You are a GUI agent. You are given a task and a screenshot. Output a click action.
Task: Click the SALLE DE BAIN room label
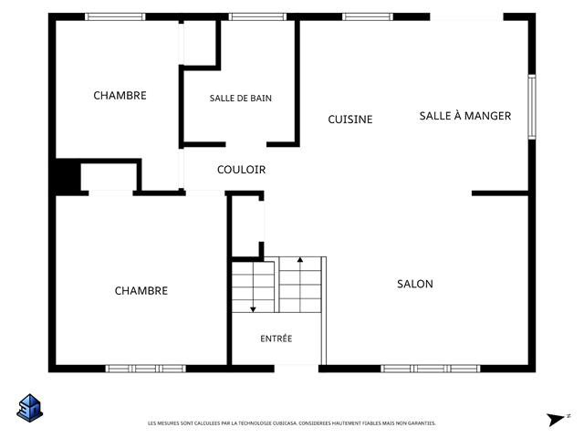click(240, 99)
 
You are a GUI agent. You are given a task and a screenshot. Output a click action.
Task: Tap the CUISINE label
click(350, 120)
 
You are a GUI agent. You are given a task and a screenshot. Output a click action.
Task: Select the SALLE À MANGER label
click(465, 116)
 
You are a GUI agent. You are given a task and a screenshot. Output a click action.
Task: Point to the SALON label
click(415, 284)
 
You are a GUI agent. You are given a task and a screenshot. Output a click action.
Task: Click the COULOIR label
click(241, 170)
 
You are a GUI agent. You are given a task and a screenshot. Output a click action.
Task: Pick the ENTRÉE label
click(276, 339)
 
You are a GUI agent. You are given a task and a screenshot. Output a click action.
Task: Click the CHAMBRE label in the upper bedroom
click(120, 96)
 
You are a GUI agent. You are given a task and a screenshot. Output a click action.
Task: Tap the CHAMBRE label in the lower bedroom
click(141, 290)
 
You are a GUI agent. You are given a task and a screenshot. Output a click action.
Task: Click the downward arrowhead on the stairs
click(253, 309)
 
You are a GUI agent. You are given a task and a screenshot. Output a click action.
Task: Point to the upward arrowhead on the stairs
click(300, 259)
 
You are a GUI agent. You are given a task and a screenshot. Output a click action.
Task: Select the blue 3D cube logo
click(30, 408)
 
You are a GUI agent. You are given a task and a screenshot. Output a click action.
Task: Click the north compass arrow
click(556, 420)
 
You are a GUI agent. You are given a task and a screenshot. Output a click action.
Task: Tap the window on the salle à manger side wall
click(532, 107)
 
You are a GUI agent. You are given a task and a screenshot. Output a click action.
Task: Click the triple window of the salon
click(430, 369)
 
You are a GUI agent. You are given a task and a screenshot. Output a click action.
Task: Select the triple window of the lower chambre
click(146, 369)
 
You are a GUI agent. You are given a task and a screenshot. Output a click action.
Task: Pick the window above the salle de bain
click(257, 16)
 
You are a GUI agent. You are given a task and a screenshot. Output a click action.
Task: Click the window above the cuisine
click(368, 16)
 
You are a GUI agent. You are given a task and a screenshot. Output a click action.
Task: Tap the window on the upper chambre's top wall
click(115, 16)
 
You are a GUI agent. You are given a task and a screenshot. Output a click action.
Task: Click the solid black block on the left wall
click(68, 177)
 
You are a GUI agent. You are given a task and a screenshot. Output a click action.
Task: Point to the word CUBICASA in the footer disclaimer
click(285, 423)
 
